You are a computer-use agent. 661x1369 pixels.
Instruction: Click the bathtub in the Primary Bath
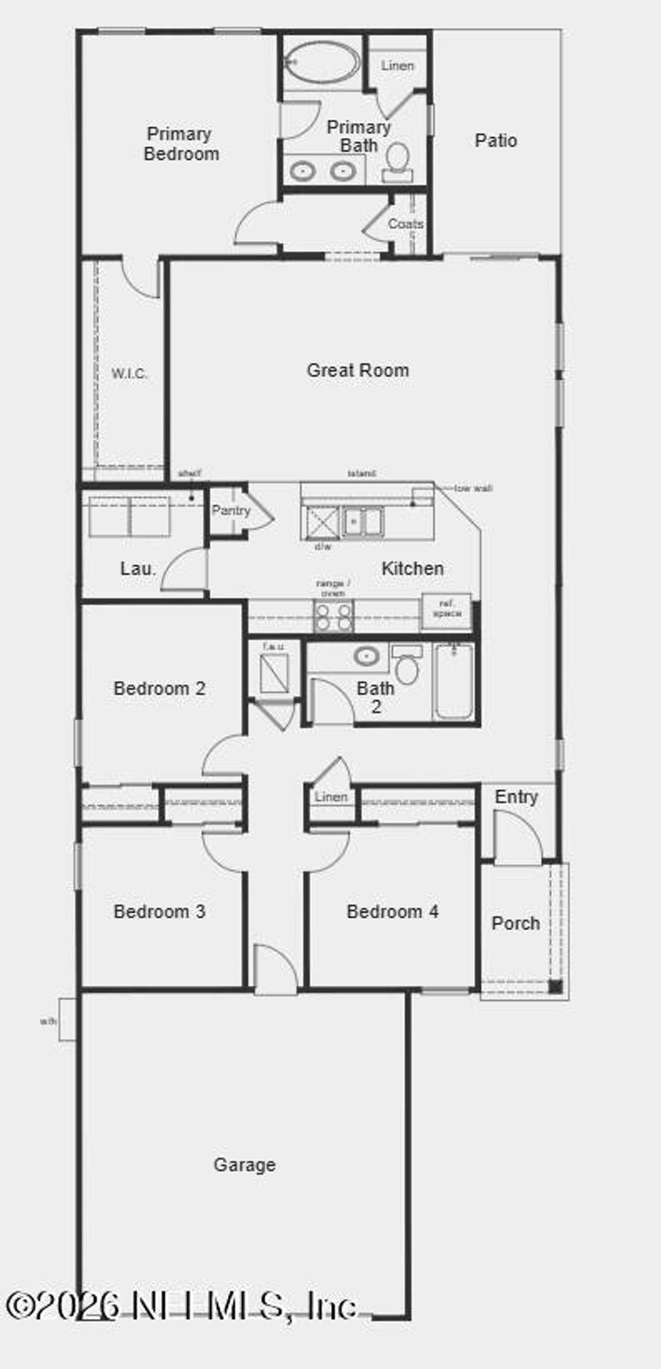click(320, 62)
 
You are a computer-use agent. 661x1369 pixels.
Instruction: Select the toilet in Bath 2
click(407, 666)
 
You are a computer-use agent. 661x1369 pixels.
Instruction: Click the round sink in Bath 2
click(366, 656)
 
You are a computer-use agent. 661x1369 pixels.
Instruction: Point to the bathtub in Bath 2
click(454, 682)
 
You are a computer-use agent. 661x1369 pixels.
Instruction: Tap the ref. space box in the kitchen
click(447, 609)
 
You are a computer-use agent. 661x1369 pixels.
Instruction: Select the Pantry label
click(231, 511)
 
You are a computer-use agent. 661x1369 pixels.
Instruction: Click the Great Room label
click(357, 370)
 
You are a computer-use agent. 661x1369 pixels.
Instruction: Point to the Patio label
click(495, 141)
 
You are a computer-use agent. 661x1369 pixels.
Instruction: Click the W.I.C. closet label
click(129, 374)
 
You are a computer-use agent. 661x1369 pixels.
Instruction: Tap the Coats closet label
click(405, 224)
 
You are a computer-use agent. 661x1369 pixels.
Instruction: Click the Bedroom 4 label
click(392, 912)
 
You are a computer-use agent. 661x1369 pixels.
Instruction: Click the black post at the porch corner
click(555, 987)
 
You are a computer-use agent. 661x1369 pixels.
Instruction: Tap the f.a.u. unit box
click(274, 673)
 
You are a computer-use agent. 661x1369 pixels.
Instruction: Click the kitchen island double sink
click(363, 521)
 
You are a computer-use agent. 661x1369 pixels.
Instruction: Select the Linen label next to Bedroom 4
click(330, 797)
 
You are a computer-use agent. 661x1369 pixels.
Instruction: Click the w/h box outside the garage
click(67, 1019)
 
